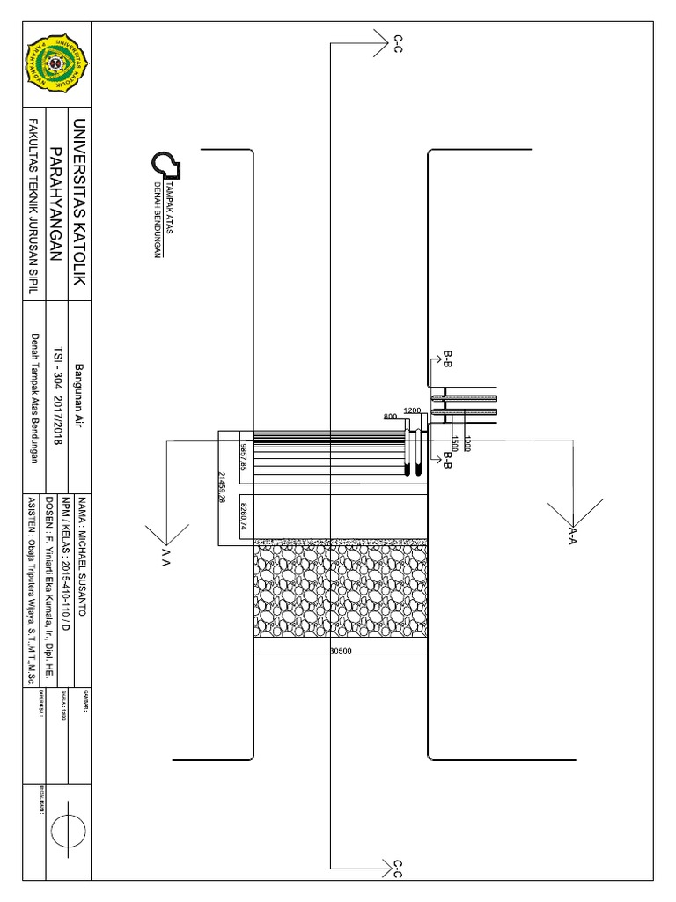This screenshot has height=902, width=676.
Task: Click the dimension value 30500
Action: coord(341,652)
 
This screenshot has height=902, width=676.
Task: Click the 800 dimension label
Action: coord(391,417)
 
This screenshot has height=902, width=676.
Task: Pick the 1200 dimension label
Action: coord(412,410)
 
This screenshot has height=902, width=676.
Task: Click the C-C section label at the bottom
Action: coord(397,869)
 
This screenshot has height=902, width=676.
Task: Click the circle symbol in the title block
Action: coord(69,831)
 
